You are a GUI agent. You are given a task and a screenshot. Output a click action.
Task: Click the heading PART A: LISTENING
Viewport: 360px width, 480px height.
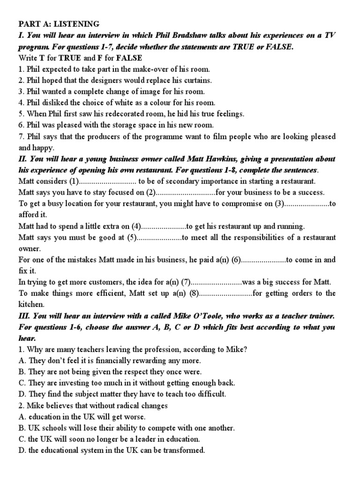pyautogui.click(x=59, y=24)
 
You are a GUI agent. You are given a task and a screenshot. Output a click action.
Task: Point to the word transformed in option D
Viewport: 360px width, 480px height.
pyautogui.click(x=182, y=450)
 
